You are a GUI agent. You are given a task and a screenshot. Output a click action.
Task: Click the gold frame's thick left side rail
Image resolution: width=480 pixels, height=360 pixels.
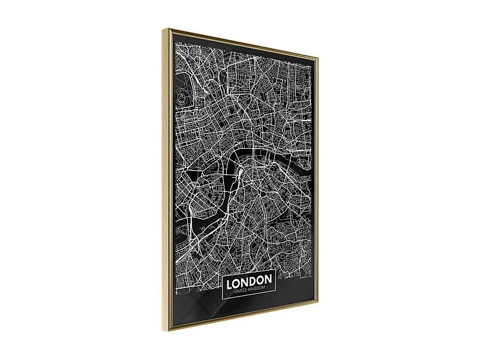click(167, 180)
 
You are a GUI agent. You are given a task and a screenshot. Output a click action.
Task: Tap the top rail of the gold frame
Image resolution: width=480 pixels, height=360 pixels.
click(240, 43)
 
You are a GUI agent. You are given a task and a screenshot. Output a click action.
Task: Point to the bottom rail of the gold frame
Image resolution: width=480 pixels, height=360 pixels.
click(240, 322)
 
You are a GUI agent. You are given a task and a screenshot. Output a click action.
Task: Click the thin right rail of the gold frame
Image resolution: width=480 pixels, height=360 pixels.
click(316, 180)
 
